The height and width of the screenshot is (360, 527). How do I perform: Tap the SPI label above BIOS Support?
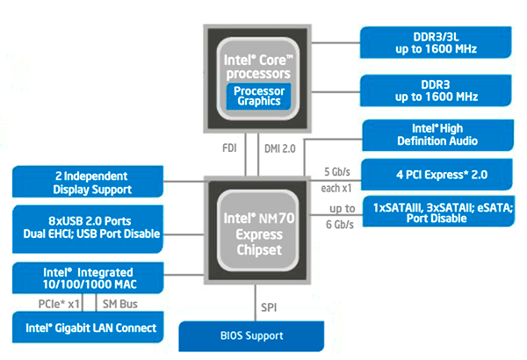tap(271, 306)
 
